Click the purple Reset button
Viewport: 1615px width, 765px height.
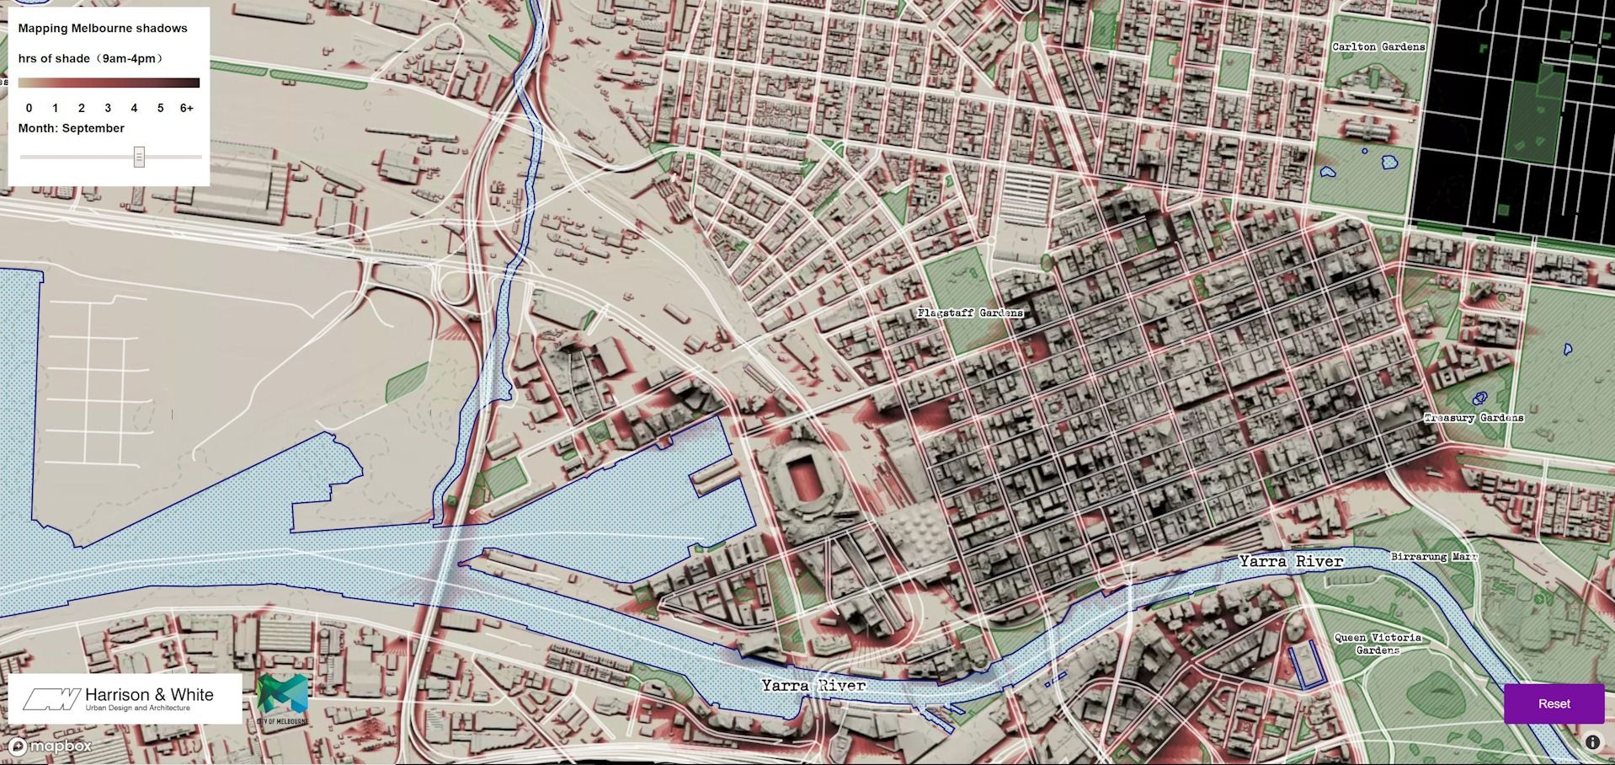pos(1554,703)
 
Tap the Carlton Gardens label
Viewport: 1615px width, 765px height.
pos(1378,47)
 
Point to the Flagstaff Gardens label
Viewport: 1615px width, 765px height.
pos(970,313)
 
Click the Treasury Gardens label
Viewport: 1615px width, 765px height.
pos(1474,418)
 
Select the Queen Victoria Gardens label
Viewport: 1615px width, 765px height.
pos(1378,644)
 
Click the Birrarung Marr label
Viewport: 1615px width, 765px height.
pos(1434,557)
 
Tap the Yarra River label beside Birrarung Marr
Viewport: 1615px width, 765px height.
pos(1291,561)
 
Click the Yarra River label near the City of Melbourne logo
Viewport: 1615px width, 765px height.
pos(813,686)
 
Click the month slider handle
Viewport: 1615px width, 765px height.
pos(139,157)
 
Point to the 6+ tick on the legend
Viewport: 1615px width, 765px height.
pos(186,108)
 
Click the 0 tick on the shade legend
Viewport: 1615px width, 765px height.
pos(29,108)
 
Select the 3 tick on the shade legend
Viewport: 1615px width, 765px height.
pos(108,108)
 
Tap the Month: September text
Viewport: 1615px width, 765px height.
pos(72,128)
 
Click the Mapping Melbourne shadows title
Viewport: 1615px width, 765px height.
pos(103,29)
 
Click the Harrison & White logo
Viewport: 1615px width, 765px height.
pos(125,698)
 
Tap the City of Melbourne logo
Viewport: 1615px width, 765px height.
pos(282,698)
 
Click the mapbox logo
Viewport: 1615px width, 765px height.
pos(50,746)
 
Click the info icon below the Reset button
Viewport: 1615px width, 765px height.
pos(1592,742)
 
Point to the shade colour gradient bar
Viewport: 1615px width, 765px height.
pos(109,83)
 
